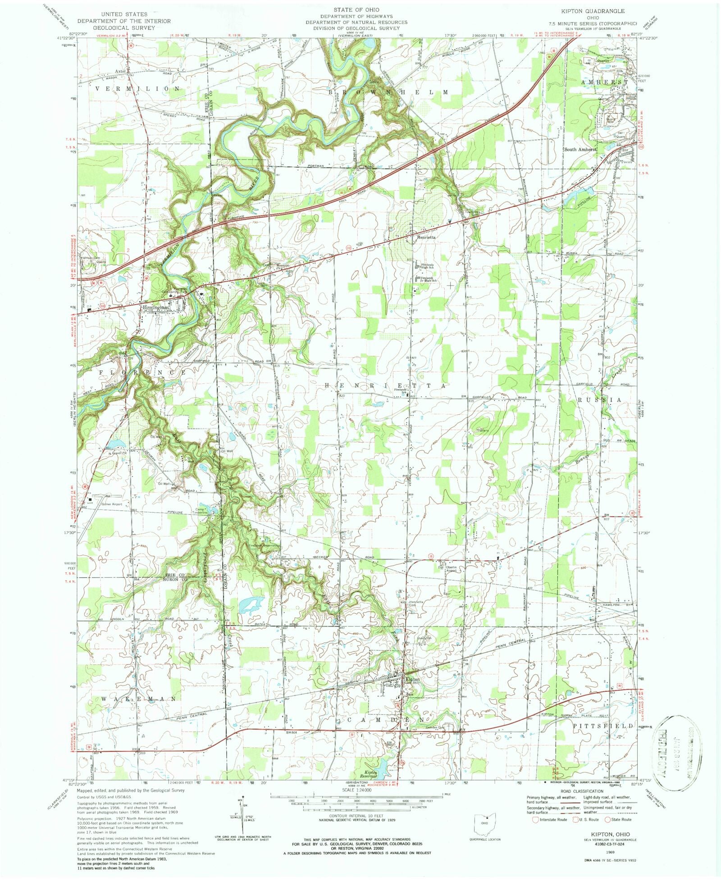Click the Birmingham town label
156,308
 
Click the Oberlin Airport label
452,569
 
